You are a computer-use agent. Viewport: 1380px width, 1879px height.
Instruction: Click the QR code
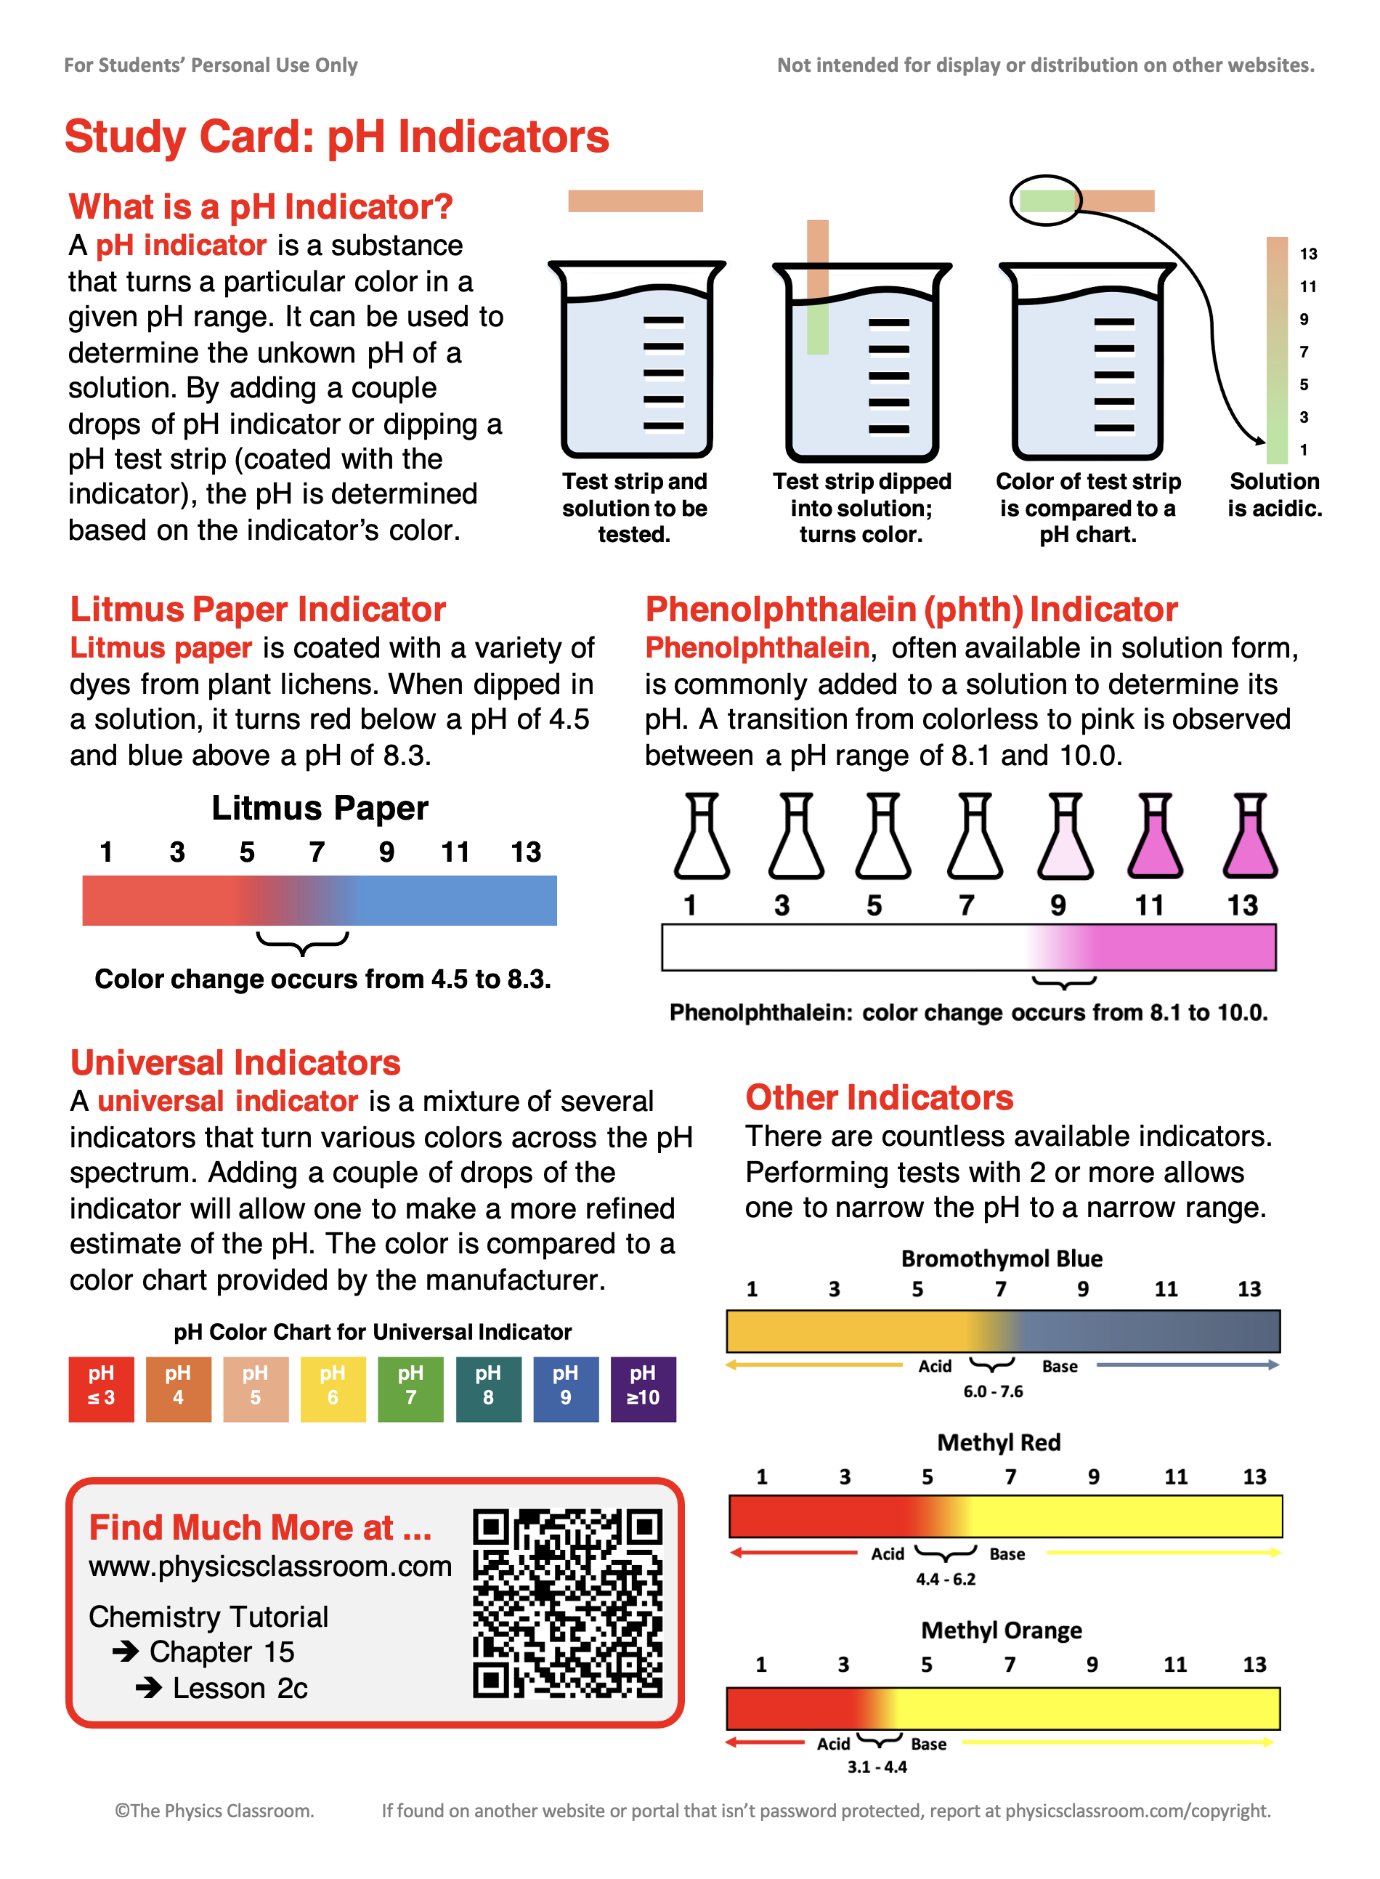567,1602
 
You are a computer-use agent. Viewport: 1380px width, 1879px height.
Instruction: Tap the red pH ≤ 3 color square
101,1389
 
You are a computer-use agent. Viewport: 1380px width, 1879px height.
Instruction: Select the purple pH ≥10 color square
642,1389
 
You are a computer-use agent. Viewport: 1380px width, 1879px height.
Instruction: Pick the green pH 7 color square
410,1389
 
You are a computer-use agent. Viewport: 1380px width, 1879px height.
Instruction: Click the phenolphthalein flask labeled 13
1250,836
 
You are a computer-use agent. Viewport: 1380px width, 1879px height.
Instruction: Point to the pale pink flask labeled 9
1065,836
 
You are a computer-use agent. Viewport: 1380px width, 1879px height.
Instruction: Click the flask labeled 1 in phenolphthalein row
702,836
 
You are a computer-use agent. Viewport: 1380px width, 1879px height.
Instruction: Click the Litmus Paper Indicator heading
257,609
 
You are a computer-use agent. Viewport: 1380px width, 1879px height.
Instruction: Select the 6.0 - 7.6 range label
992,1391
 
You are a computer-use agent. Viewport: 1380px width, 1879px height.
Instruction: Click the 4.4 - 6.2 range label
945,1579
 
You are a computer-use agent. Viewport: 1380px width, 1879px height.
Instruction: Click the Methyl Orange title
1001,1630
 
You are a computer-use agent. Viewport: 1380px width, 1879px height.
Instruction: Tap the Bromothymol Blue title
1001,1258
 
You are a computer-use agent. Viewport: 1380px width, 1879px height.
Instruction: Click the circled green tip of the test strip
1047,201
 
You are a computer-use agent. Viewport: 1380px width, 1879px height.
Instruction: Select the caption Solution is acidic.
1274,495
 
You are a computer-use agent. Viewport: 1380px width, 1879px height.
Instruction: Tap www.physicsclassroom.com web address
269,1566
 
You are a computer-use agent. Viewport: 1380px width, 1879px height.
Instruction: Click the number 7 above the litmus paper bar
317,852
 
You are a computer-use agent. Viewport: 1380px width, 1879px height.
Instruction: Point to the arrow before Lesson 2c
149,1688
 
